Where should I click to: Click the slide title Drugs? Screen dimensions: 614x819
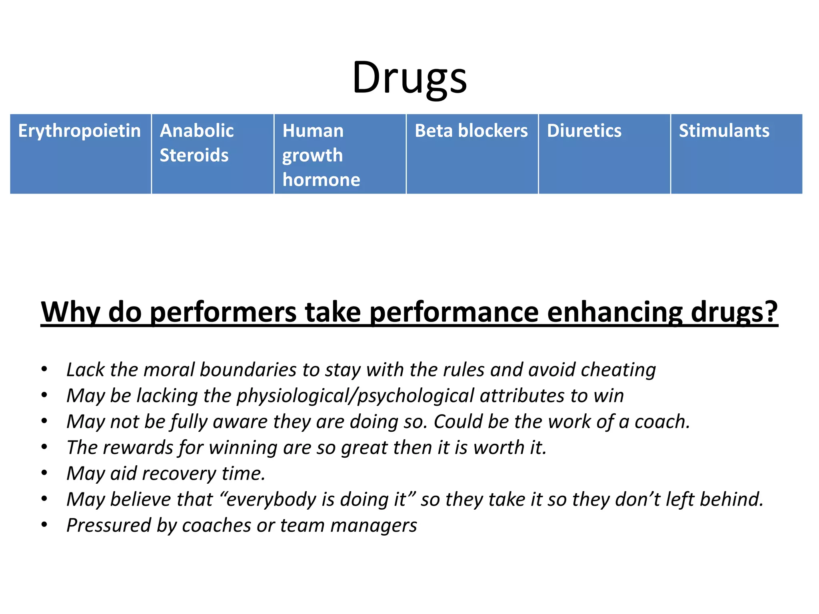409,78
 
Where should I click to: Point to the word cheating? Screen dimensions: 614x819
618,370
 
